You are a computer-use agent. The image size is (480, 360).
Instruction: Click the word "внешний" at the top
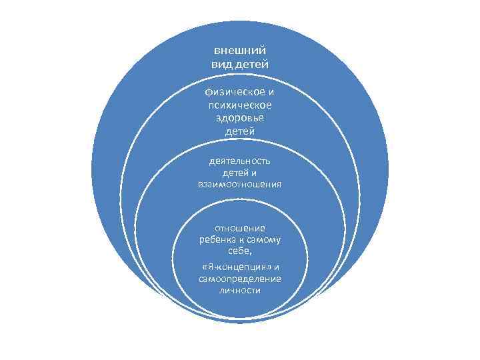240,50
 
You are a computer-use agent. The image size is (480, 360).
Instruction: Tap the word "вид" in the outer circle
221,63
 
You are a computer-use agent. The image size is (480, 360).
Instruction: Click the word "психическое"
240,105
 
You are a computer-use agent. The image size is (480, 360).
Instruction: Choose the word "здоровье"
240,118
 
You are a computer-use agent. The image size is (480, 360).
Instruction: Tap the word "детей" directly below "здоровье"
240,131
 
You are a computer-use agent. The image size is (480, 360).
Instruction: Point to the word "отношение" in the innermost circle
240,228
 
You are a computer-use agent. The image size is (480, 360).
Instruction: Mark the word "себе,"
240,251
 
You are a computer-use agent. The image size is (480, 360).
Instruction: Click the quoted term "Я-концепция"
237,267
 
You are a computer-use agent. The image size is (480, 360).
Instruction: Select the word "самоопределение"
240,279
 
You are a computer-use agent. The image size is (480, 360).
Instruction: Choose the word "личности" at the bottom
240,291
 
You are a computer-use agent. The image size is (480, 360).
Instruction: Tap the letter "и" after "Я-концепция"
276,267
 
